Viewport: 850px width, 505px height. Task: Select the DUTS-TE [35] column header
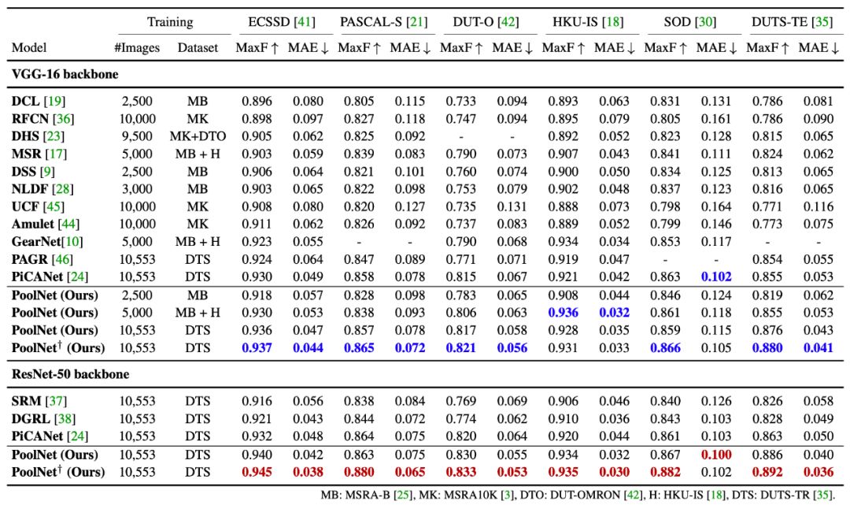pos(790,20)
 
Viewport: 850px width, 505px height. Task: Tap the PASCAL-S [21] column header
pos(383,20)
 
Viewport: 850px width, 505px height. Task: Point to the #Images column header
pos(137,48)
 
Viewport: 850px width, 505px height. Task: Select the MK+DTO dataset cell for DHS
pos(198,136)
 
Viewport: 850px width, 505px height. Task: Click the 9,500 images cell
pos(136,136)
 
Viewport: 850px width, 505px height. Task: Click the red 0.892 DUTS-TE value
pos(764,472)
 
